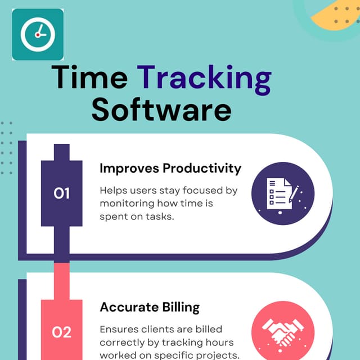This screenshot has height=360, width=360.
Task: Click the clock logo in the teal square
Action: click(37, 34)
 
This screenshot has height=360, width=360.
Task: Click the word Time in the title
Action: click(89, 78)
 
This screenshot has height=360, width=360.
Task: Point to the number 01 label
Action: click(61, 193)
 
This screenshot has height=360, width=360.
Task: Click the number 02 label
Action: click(61, 332)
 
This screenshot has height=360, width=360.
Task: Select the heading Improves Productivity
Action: click(170, 168)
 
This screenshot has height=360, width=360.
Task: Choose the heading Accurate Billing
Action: click(150, 307)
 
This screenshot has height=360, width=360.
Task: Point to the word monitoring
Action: click(127, 204)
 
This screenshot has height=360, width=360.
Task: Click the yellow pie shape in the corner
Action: click(337, 14)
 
